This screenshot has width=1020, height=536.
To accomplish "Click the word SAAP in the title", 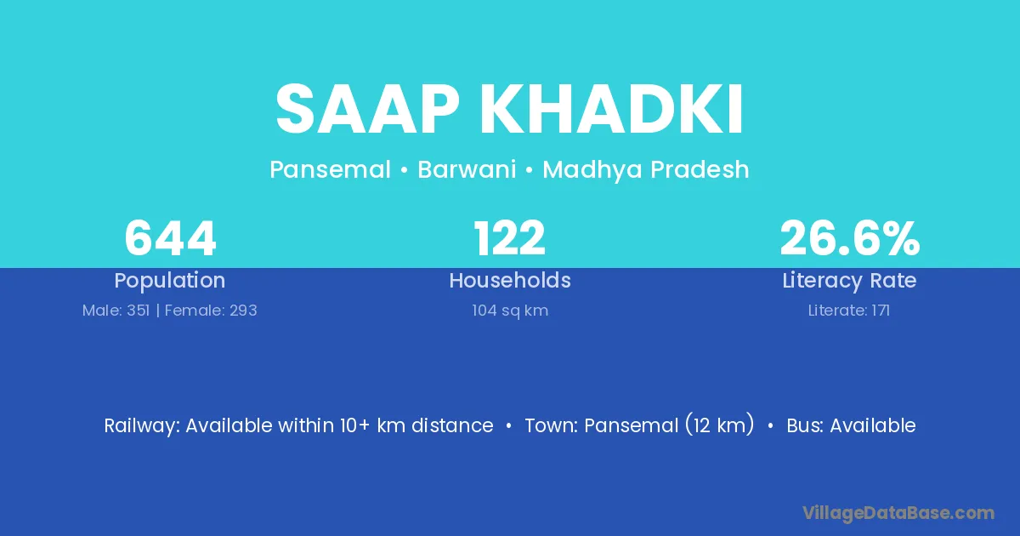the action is tap(367, 109).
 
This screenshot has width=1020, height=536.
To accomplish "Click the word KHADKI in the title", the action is tap(612, 109).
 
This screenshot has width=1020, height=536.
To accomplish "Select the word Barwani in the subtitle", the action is tap(467, 169).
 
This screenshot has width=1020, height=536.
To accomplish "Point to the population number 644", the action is tap(170, 238).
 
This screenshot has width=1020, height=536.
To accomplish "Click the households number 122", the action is tap(509, 238).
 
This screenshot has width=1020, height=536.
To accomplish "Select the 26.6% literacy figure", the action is tap(850, 238).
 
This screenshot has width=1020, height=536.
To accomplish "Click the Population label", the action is tap(170, 281).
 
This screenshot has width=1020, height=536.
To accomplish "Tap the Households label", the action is tap(510, 280).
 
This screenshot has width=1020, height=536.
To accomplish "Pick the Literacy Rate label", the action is tap(849, 281).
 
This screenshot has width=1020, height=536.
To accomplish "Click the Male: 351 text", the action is tap(116, 311).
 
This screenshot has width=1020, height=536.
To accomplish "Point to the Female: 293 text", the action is tap(211, 311).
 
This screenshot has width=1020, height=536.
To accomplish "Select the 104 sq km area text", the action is tap(510, 311).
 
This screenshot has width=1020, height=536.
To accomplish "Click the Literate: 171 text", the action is tap(849, 311).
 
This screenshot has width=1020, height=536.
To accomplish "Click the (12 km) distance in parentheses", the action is tap(720, 425).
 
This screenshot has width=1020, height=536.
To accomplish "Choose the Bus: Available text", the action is tap(851, 425).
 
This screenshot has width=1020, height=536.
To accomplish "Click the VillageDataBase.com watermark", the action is tap(898, 514).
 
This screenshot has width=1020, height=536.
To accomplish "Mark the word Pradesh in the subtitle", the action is tap(700, 169).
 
